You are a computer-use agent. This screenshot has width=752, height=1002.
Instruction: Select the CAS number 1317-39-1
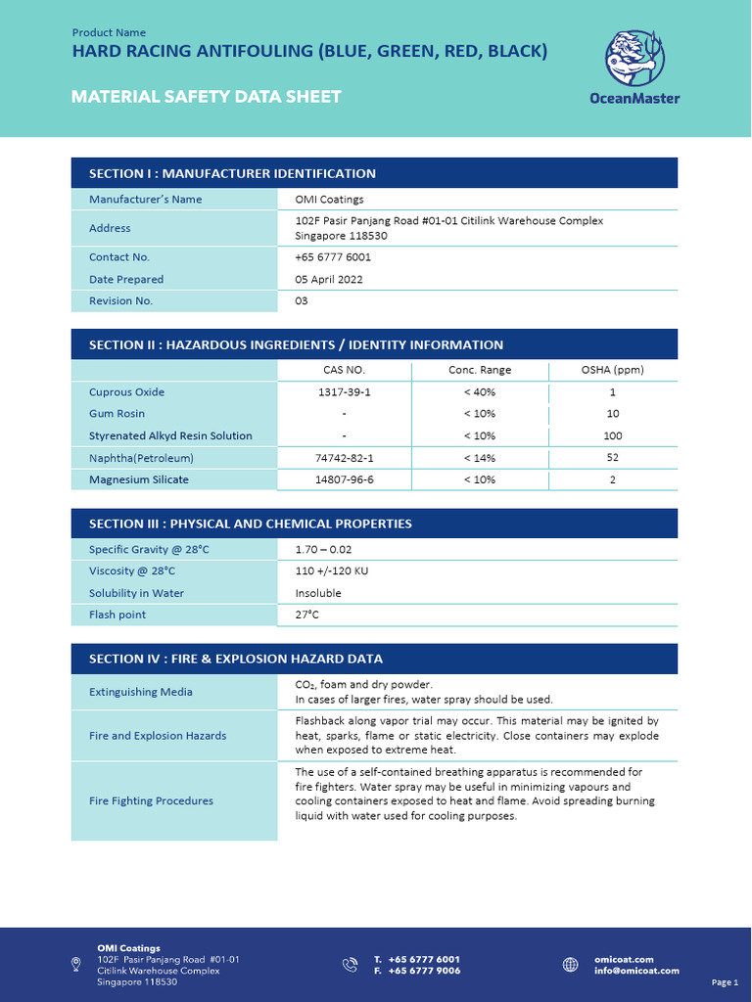pyautogui.click(x=344, y=392)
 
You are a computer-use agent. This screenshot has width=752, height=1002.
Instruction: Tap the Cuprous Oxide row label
pyautogui.click(x=126, y=392)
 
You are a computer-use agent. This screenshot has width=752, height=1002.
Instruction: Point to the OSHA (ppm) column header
pyautogui.click(x=612, y=370)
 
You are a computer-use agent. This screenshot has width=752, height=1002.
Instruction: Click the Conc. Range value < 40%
pyautogui.click(x=479, y=392)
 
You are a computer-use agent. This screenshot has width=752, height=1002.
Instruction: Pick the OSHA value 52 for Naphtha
pyautogui.click(x=612, y=458)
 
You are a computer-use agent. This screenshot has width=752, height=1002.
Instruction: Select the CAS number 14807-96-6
pyautogui.click(x=344, y=479)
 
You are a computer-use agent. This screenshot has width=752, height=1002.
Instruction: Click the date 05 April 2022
pyautogui.click(x=329, y=280)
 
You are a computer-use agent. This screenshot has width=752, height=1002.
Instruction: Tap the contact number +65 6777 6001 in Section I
pyautogui.click(x=333, y=257)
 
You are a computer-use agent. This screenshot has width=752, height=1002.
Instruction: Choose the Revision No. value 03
pyautogui.click(x=302, y=301)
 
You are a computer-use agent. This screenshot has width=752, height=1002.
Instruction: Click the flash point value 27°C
pyautogui.click(x=307, y=615)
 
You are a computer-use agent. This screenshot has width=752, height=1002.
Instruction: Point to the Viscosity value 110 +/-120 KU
pyautogui.click(x=331, y=570)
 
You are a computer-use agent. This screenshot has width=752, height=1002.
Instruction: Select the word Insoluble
pyautogui.click(x=318, y=593)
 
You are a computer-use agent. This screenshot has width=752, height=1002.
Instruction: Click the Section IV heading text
pyautogui.click(x=235, y=659)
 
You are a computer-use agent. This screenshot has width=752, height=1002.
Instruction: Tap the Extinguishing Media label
pyautogui.click(x=141, y=692)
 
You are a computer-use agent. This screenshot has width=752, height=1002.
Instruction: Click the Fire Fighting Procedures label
pyautogui.click(x=151, y=800)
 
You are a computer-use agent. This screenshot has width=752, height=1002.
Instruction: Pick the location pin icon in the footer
pyautogui.click(x=76, y=965)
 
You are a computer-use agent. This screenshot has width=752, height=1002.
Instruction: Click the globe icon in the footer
pyautogui.click(x=571, y=965)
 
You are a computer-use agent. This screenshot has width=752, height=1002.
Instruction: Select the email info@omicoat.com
pyautogui.click(x=636, y=971)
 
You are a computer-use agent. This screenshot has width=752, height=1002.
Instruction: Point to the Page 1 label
pyautogui.click(x=725, y=981)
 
